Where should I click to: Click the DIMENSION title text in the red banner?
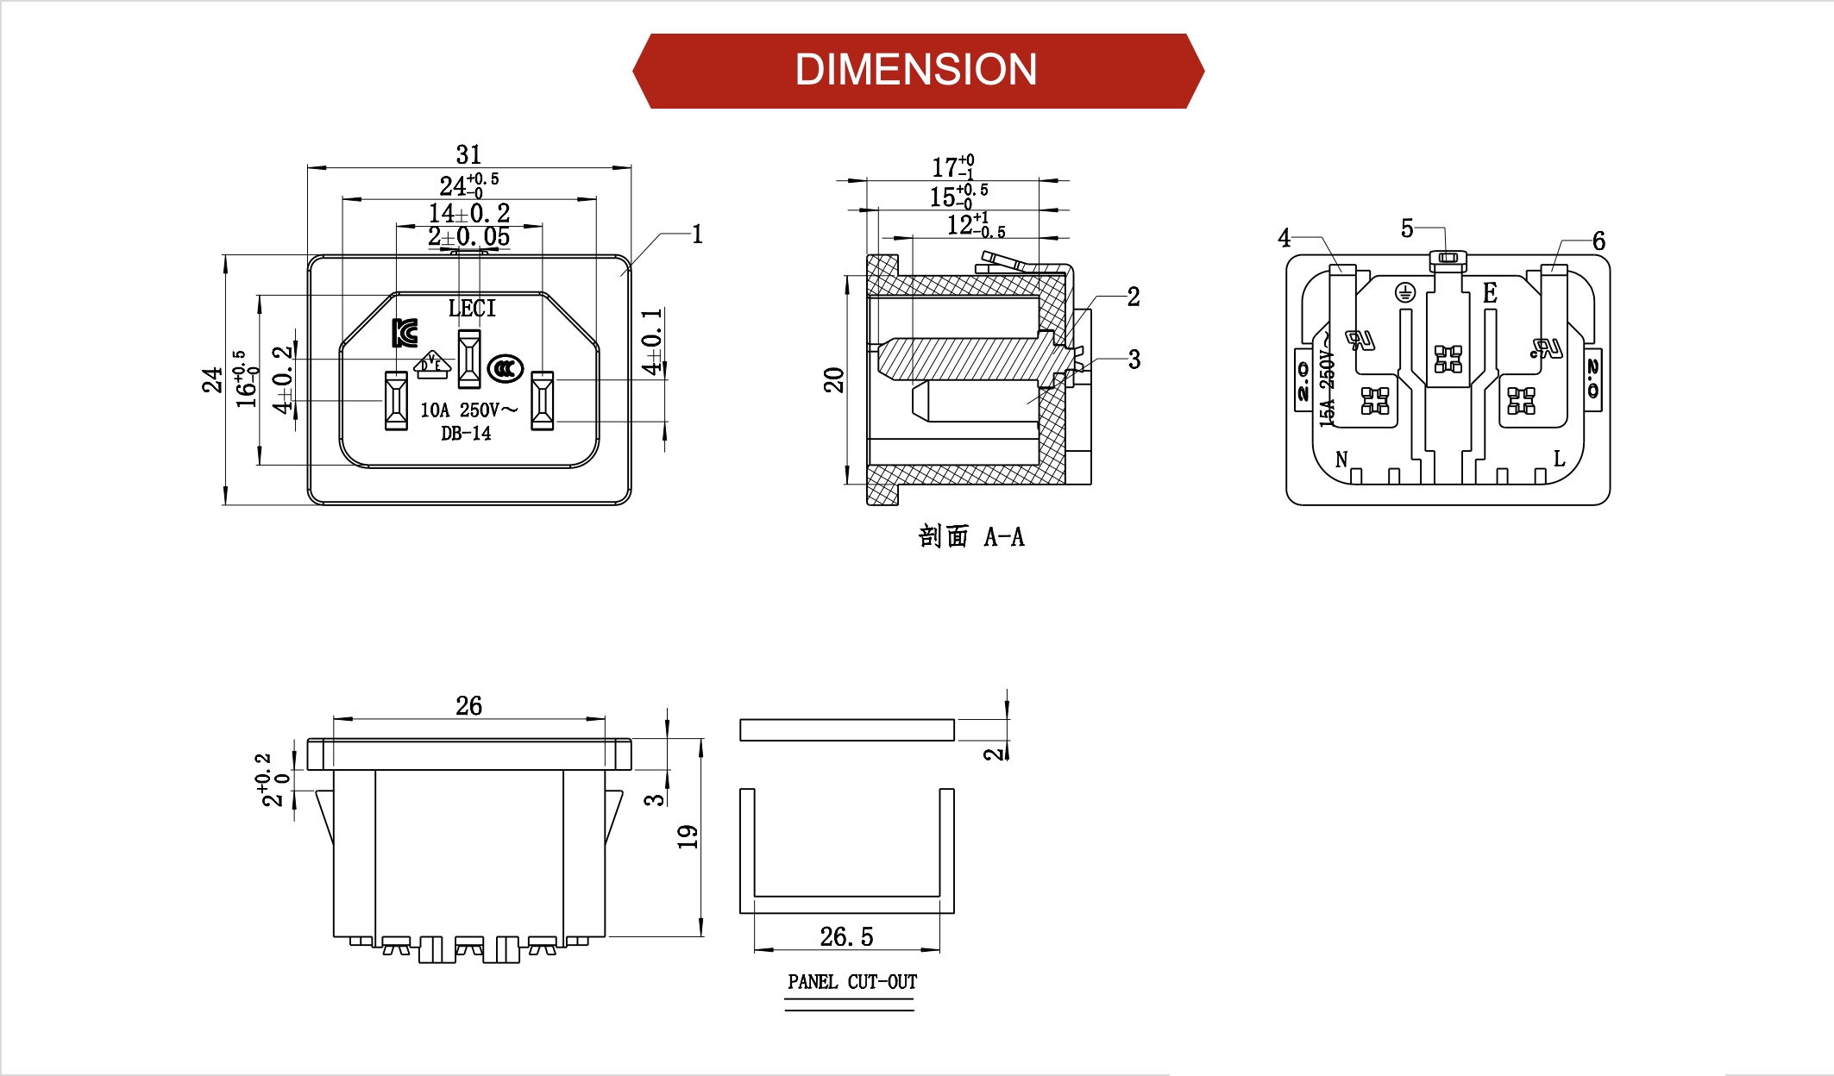click(916, 70)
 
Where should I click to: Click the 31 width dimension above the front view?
click(468, 154)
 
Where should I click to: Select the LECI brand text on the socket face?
click(472, 308)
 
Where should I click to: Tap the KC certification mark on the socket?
click(405, 333)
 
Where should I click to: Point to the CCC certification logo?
click(505, 369)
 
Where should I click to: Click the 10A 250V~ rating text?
click(468, 410)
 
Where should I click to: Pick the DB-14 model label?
click(466, 434)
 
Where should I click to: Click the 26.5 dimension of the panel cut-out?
click(846, 936)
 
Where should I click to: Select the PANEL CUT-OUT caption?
click(851, 982)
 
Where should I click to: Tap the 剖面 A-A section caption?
click(971, 537)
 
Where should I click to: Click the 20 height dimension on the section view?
click(834, 379)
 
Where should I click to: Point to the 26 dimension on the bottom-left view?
click(468, 706)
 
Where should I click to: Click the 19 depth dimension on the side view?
click(688, 836)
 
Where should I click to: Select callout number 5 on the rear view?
click(1407, 228)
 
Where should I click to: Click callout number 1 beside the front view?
click(697, 235)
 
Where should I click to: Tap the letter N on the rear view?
click(1341, 460)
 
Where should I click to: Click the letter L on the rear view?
click(1559, 459)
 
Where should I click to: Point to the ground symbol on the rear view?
click(1405, 293)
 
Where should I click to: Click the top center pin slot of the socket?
click(468, 358)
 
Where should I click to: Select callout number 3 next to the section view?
click(1134, 360)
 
